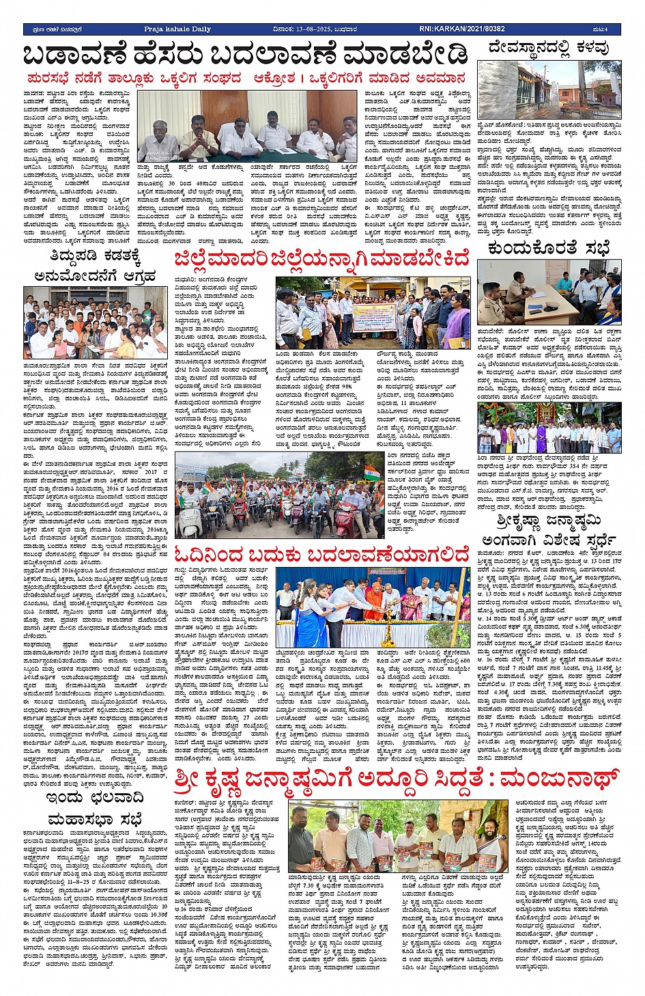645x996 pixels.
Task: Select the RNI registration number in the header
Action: point(462,29)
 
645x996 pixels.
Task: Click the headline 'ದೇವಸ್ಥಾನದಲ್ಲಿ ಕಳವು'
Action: point(549,48)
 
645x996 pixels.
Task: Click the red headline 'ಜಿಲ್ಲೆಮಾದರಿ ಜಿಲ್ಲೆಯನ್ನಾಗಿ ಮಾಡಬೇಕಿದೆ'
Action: point(321,260)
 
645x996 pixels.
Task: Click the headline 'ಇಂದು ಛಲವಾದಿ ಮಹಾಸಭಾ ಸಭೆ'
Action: point(95,808)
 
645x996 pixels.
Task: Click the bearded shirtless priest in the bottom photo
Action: point(494,842)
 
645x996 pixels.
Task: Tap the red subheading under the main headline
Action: point(246,78)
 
